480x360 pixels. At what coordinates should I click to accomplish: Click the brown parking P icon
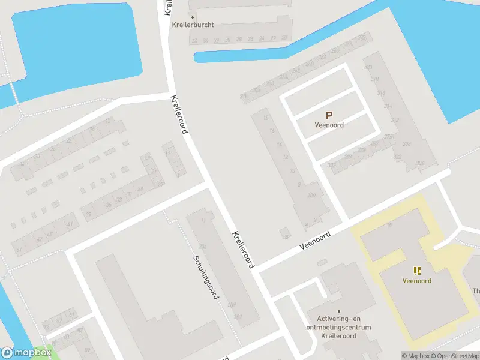(328, 115)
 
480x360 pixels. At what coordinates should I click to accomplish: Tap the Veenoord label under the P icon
(328, 125)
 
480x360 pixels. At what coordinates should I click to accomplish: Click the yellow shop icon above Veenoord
(417, 271)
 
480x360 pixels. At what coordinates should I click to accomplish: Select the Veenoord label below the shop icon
(417, 280)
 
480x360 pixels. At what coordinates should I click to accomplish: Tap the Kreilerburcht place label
(193, 25)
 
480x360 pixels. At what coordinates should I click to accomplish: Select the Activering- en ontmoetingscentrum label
(340, 323)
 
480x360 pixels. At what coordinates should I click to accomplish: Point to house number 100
(311, 195)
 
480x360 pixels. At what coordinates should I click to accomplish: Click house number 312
(394, 120)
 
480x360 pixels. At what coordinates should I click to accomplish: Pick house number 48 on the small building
(285, 236)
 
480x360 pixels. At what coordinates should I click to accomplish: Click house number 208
(232, 305)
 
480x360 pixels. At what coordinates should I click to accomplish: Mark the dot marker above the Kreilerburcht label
(193, 16)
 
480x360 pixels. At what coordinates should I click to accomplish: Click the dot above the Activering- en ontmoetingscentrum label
(338, 311)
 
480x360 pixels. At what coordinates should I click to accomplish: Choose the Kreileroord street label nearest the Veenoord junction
(244, 248)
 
